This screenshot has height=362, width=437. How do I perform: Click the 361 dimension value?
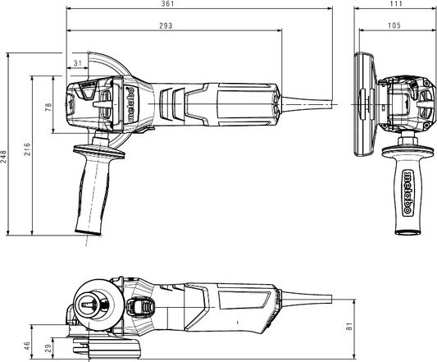(167, 4)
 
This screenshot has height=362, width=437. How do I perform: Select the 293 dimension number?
(166, 25)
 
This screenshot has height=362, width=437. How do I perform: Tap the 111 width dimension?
(396, 3)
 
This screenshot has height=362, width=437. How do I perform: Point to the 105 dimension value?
(394, 25)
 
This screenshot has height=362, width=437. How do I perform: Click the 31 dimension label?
(78, 63)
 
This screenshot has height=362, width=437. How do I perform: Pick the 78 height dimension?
(48, 108)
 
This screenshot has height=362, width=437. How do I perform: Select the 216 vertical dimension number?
(27, 149)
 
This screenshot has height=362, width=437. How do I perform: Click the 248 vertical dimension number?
(3, 157)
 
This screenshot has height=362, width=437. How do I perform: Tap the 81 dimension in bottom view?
(349, 327)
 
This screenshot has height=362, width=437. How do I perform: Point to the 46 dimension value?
(27, 346)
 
